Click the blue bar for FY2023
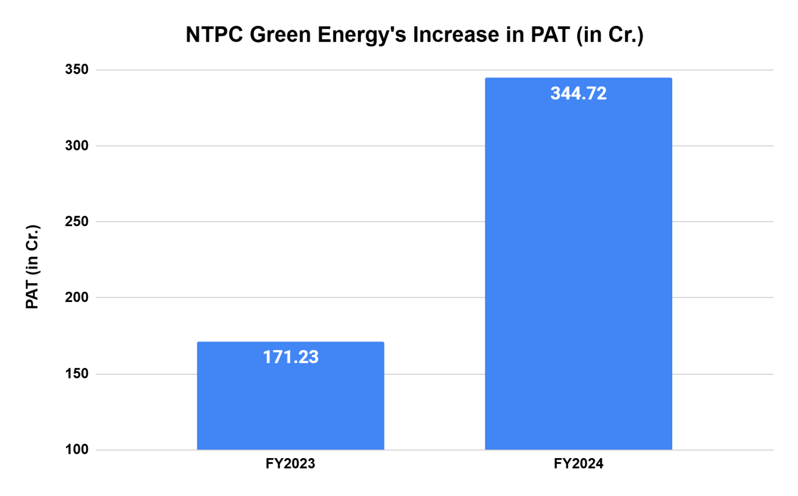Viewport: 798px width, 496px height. (290, 400)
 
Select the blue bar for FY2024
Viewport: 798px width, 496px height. (578, 270)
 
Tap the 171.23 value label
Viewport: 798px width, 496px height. (290, 357)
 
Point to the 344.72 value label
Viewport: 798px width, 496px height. (578, 94)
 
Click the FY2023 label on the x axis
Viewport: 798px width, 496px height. (290, 463)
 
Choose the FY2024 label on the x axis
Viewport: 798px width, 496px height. (578, 463)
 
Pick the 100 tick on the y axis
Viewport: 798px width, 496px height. (77, 450)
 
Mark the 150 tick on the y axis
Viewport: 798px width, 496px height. (77, 374)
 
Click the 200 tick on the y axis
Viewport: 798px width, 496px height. (77, 297)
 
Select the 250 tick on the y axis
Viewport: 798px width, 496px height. (77, 221)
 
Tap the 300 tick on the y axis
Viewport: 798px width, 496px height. (77, 146)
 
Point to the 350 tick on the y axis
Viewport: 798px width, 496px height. (77, 70)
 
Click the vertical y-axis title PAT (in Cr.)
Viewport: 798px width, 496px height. (32, 267)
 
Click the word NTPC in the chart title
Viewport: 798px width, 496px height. (214, 35)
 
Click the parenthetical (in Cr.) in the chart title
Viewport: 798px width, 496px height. (610, 35)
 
